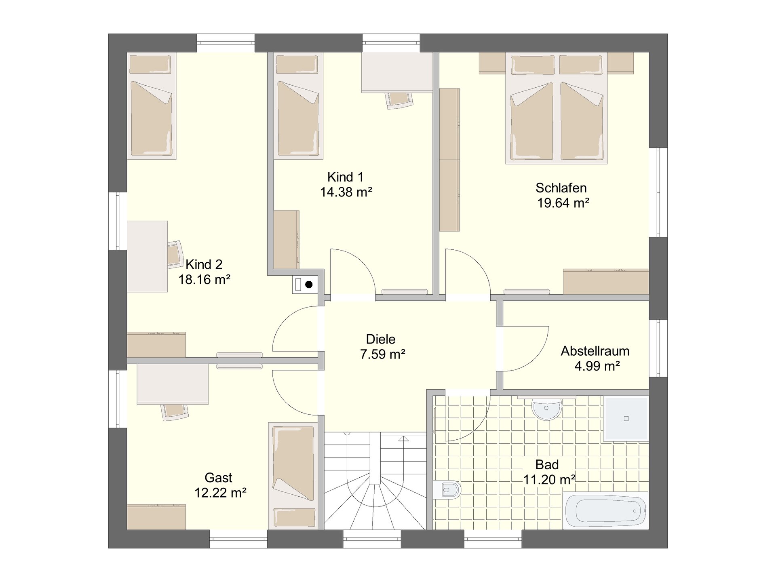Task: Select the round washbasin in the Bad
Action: coord(546,409)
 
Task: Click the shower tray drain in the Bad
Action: coord(626,418)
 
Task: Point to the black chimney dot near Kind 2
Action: coord(309,285)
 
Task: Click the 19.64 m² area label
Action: coord(563,203)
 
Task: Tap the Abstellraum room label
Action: coord(595,351)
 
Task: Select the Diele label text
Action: coord(381,339)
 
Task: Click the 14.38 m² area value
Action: coord(346,192)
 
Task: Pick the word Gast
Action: coord(218,478)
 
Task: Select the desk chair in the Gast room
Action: coord(175,412)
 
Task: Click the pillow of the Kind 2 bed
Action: coord(150,65)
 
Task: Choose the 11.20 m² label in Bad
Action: coord(549,480)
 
